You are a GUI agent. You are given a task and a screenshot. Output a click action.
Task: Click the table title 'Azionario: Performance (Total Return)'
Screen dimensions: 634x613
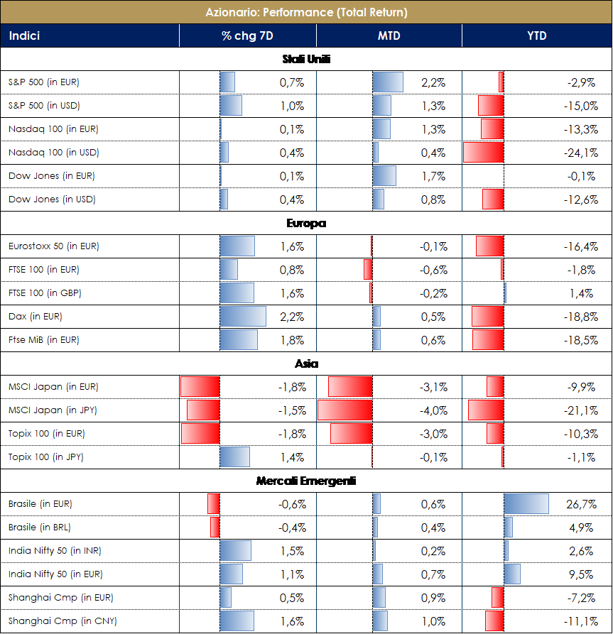click(306, 12)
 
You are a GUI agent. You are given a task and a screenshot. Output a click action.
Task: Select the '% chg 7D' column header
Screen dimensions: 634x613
click(246, 36)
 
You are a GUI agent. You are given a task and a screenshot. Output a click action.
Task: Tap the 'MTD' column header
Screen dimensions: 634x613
click(389, 36)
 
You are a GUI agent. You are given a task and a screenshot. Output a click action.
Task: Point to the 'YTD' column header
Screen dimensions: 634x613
click(537, 36)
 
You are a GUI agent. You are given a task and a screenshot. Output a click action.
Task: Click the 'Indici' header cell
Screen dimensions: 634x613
click(24, 36)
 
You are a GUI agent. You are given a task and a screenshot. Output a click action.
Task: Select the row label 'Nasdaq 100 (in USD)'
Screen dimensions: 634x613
click(53, 153)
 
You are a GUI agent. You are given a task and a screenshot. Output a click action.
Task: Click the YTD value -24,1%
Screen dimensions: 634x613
click(580, 153)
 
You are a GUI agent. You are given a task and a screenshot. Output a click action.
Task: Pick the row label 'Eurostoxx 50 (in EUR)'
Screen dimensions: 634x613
click(53, 246)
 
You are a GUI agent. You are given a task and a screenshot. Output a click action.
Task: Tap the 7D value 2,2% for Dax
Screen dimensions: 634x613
click(292, 317)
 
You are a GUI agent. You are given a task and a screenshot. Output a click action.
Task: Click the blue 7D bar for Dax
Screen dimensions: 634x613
click(243, 317)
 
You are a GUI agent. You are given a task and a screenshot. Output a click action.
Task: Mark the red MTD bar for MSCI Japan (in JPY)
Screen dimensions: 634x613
click(345, 410)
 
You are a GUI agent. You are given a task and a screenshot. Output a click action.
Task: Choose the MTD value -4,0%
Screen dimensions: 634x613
click(433, 410)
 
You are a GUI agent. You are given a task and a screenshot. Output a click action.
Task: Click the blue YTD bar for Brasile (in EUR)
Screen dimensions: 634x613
click(526, 504)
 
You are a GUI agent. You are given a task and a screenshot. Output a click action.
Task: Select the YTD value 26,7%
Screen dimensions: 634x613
click(581, 504)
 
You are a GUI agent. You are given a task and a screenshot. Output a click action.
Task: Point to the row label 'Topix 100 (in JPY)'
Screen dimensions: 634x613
click(46, 457)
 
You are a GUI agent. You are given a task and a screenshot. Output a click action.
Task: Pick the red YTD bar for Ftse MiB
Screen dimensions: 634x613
click(488, 340)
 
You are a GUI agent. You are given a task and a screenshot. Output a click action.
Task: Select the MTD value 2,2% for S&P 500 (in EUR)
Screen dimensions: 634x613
click(433, 82)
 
